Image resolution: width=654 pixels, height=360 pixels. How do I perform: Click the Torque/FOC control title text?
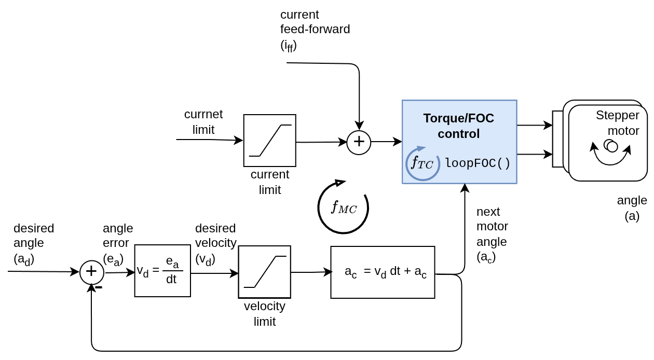click(459, 126)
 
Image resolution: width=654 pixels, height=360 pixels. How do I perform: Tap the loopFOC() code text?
click(478, 163)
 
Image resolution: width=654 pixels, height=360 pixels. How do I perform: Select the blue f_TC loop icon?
click(422, 163)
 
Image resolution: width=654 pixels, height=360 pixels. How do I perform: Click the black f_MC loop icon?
click(343, 207)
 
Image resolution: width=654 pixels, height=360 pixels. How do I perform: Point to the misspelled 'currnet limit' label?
click(203, 121)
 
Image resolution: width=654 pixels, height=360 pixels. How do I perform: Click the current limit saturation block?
click(270, 141)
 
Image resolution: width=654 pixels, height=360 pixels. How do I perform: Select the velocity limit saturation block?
click(265, 272)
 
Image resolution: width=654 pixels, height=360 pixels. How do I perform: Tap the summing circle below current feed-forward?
click(359, 142)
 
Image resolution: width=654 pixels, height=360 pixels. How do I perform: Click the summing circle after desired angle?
click(91, 272)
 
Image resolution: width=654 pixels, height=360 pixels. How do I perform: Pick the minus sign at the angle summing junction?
click(99, 287)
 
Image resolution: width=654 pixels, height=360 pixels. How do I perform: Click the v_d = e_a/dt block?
click(162, 271)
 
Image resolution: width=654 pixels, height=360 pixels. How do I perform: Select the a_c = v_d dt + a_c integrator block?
click(383, 272)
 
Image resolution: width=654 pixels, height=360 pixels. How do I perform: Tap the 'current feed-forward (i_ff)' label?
click(315, 30)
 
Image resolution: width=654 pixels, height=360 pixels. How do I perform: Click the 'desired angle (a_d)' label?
click(34, 243)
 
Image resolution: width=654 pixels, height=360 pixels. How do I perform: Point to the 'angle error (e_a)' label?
click(118, 243)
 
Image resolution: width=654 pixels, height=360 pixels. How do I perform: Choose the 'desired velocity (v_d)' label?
click(215, 243)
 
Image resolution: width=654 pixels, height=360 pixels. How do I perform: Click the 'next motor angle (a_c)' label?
click(492, 234)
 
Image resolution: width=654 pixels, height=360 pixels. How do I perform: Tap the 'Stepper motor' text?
click(618, 122)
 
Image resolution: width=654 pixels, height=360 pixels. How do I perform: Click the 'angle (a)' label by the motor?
click(632, 207)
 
